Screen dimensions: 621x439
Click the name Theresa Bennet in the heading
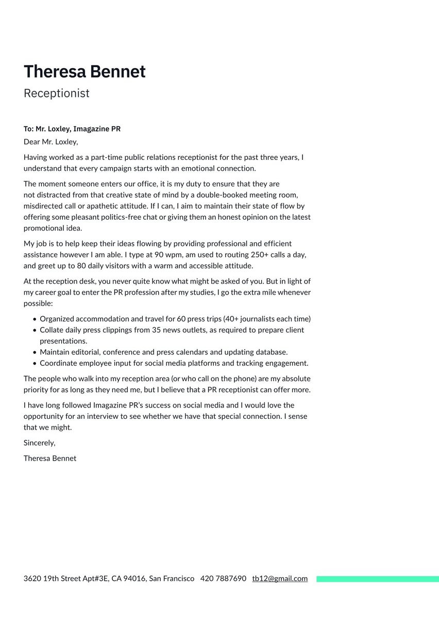(85, 72)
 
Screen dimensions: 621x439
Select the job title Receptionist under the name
(57, 93)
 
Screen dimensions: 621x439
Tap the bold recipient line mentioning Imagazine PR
(72, 129)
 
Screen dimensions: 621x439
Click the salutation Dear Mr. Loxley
(50, 142)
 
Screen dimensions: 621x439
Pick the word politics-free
(134, 217)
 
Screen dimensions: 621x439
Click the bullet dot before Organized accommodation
(35, 319)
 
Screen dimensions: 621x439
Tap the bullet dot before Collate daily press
(35, 330)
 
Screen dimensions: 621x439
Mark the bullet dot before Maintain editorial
(35, 352)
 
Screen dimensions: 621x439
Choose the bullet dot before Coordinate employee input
(35, 364)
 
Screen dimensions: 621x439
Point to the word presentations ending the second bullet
(63, 341)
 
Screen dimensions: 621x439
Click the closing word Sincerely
(39, 443)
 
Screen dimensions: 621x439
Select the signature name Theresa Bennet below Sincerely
(50, 458)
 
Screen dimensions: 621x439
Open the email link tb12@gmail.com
(280, 579)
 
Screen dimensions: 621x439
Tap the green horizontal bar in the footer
(377, 579)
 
